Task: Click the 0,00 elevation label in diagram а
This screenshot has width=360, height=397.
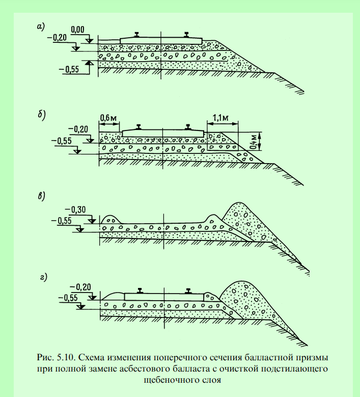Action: click(x=77, y=30)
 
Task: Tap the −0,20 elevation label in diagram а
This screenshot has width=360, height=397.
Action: click(x=57, y=38)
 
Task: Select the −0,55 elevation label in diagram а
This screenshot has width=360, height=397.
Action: click(x=69, y=69)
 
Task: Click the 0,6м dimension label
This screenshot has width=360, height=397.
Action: click(x=108, y=118)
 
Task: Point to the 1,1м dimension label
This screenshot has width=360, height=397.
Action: click(x=220, y=118)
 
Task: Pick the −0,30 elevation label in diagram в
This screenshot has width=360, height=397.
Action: click(x=75, y=209)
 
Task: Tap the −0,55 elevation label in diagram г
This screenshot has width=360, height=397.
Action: click(x=68, y=298)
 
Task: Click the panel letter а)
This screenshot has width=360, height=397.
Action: click(x=41, y=27)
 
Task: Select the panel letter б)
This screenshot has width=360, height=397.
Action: click(x=42, y=115)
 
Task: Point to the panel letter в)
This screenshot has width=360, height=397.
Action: click(x=41, y=196)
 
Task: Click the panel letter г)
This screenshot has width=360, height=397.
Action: click(x=43, y=277)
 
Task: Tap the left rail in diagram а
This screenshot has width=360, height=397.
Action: click(x=136, y=35)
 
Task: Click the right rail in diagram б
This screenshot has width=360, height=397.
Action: click(x=188, y=127)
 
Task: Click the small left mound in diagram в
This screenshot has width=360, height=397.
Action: click(x=110, y=219)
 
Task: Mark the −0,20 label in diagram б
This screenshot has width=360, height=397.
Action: click(x=78, y=129)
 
